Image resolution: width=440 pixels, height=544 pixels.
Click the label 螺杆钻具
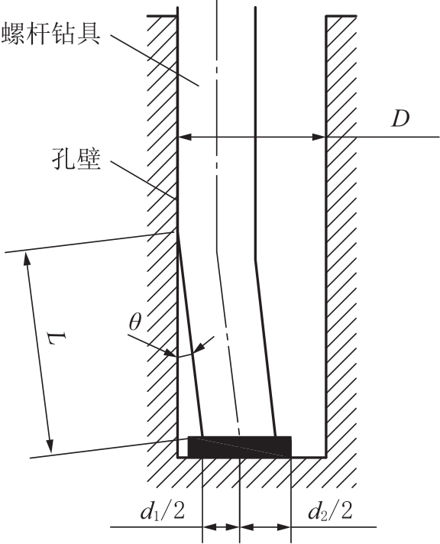pos(51,33)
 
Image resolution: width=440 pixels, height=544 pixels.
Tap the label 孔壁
pos(76,159)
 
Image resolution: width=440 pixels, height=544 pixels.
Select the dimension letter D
pos(400,118)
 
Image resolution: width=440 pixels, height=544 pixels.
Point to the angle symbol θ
pos(135,322)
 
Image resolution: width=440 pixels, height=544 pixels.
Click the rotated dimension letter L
pos(57,338)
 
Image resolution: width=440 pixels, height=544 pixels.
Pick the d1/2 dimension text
pos(163,510)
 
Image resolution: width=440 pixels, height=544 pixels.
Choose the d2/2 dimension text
pos(330,510)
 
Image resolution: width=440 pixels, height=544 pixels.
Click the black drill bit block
pos(239,447)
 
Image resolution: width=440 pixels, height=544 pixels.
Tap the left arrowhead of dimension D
pos(184,137)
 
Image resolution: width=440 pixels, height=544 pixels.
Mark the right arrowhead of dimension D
pos(319,137)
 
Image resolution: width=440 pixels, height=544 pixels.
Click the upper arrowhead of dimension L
pos(27,259)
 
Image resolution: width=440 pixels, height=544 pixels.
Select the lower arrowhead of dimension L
pos(50,446)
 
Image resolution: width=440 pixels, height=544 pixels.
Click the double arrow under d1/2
pos(221,527)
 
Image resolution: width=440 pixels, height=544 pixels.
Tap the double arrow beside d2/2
pos(265,527)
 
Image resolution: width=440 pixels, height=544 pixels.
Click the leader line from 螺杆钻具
pos(154,60)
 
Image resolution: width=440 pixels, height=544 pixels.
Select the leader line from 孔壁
pos(143,180)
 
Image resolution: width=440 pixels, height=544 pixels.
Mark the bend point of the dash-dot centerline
pos(217,251)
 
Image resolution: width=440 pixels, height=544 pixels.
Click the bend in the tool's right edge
pos(255,259)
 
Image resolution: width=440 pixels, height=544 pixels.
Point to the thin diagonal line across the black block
pos(239,447)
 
